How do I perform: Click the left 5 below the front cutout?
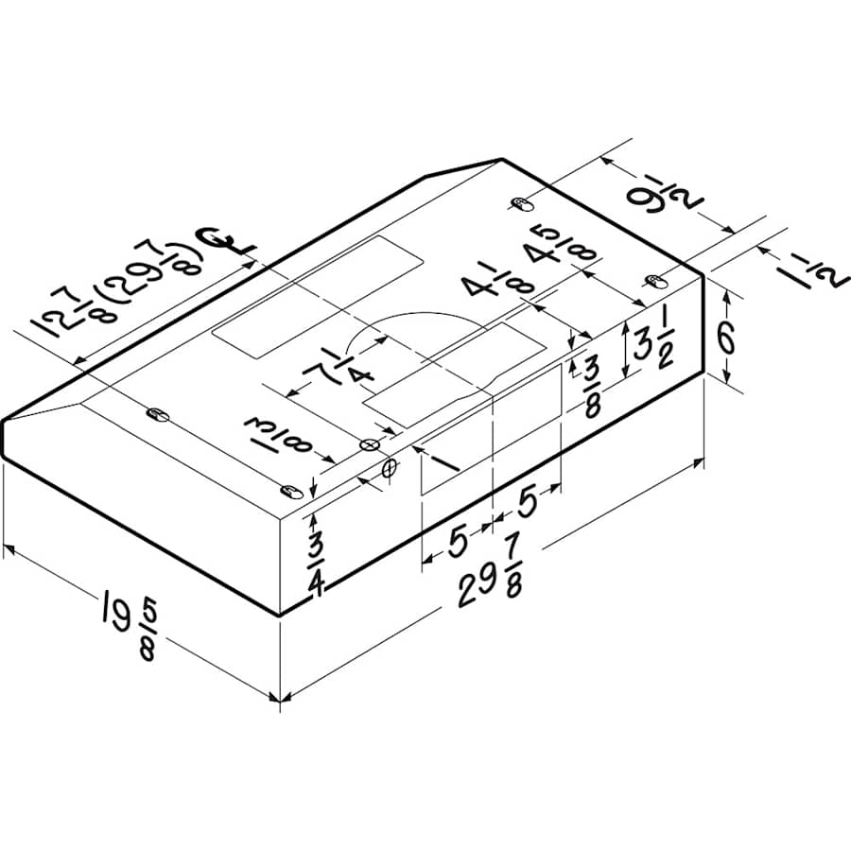[457, 541]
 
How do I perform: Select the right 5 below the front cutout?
[526, 501]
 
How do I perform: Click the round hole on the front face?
[389, 468]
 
